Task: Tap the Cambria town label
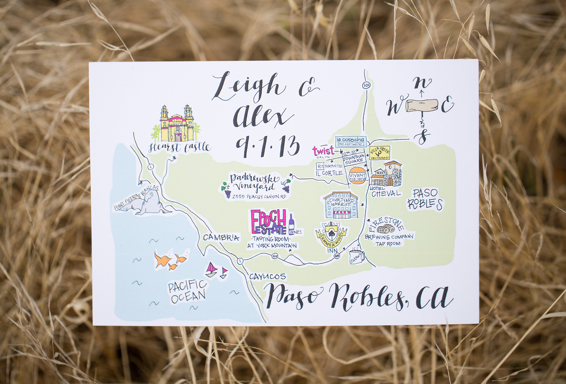tap(221, 237)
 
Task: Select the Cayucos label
tap(268, 276)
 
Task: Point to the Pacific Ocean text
tap(187, 291)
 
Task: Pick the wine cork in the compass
tap(422, 106)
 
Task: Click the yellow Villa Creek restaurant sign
tap(380, 153)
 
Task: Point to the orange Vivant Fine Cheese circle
tap(358, 176)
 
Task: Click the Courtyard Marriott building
tap(341, 205)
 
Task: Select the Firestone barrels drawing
tap(386, 229)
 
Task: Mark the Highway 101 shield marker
tap(366, 85)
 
